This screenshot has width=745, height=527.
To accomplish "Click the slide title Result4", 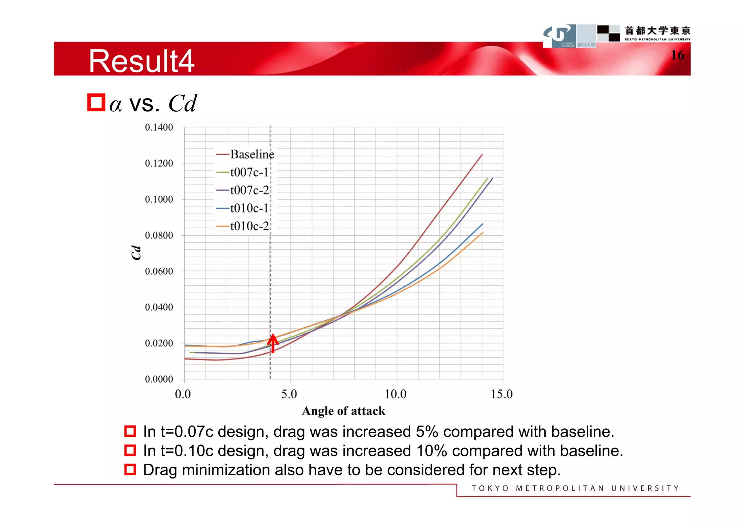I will pos(142,61).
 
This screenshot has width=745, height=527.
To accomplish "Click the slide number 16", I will pos(677,55).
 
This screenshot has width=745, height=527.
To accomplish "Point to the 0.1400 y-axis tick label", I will pos(159,127).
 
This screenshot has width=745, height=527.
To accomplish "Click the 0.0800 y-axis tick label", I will pos(159,235).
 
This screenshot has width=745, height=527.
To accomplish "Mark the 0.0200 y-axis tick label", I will pos(159,343).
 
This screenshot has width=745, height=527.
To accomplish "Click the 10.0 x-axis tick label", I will pos(395,394).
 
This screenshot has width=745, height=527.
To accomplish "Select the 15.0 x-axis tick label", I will pos(502,394).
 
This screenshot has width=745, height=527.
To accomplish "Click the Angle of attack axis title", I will pos(343,411).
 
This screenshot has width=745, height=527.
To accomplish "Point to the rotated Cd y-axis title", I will pos(136,252).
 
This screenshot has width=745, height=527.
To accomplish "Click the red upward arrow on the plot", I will pos(273,343).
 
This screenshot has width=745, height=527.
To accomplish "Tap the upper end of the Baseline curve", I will pos(481,155).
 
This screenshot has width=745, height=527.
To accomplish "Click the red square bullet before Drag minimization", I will pos(130,469).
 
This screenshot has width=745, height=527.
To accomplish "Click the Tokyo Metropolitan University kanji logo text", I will pos(657,31).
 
